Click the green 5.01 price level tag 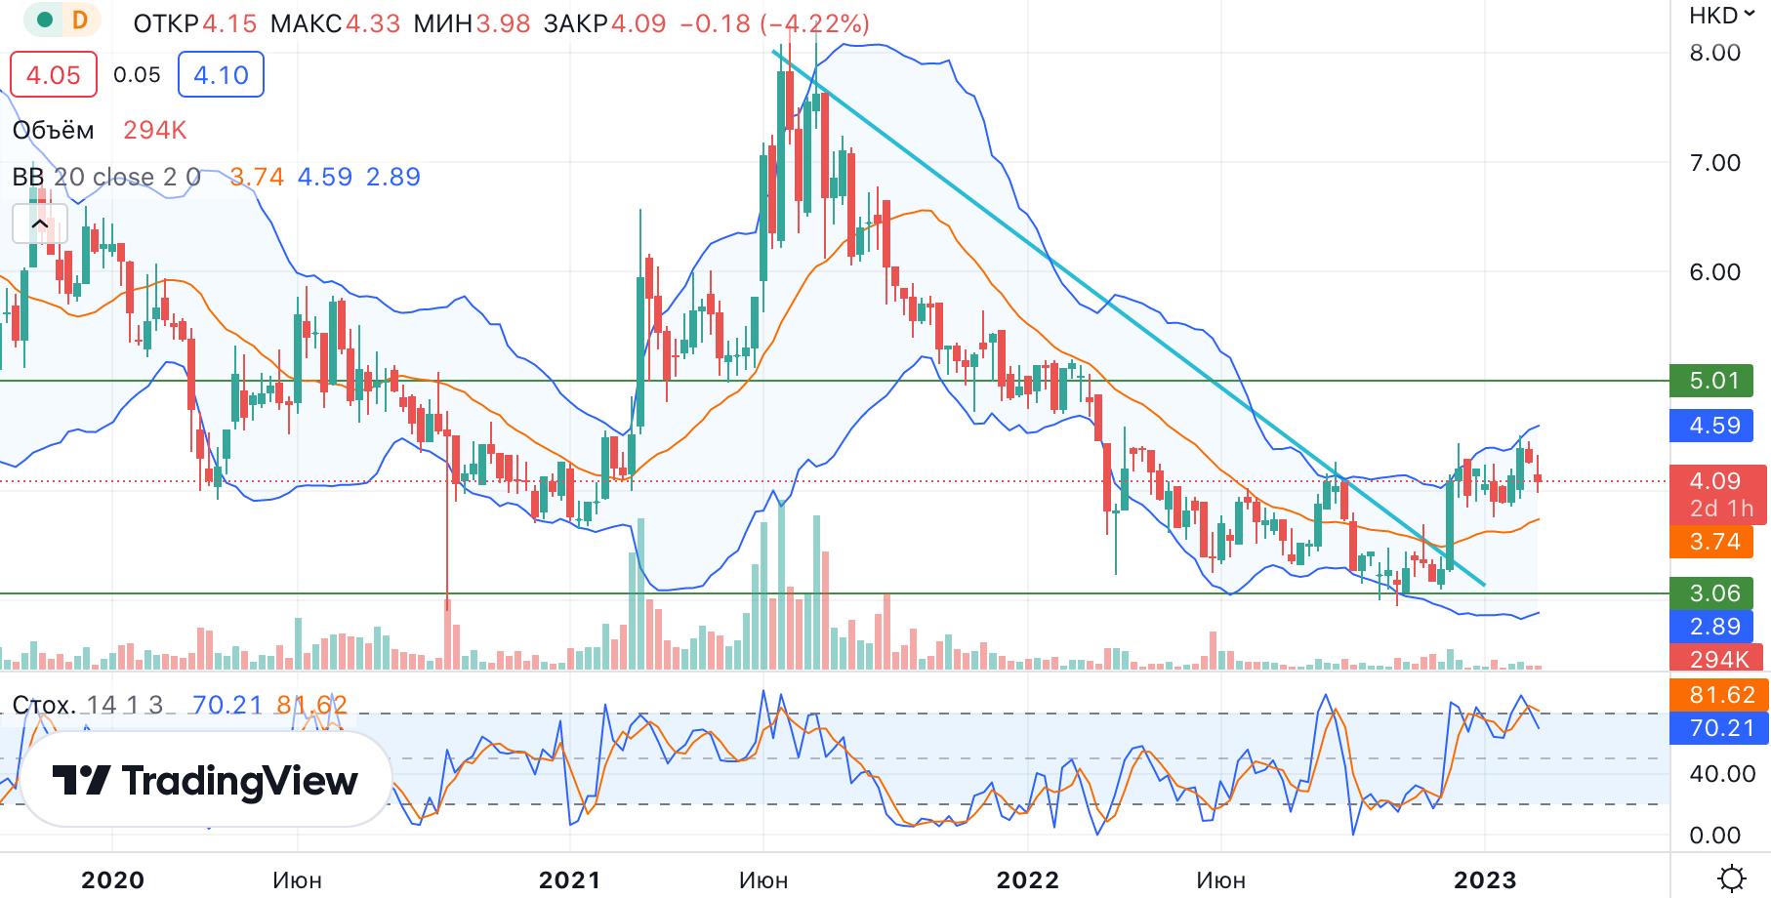pyautogui.click(x=1715, y=381)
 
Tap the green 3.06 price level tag pyautogui.click(x=1715, y=593)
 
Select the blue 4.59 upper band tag pyautogui.click(x=1715, y=426)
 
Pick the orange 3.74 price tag pyautogui.click(x=1715, y=542)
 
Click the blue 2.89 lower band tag pyautogui.click(x=1715, y=626)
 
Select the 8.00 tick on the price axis pyautogui.click(x=1715, y=53)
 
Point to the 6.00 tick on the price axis pyautogui.click(x=1715, y=272)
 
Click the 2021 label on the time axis pyautogui.click(x=570, y=880)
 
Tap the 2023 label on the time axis pyautogui.click(x=1484, y=880)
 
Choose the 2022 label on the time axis pyautogui.click(x=1027, y=880)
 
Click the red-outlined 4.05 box pyautogui.click(x=54, y=75)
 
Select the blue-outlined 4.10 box pyautogui.click(x=221, y=75)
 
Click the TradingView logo pyautogui.click(x=205, y=781)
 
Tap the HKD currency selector pyautogui.click(x=1719, y=16)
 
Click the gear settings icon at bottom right pyautogui.click(x=1734, y=878)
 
